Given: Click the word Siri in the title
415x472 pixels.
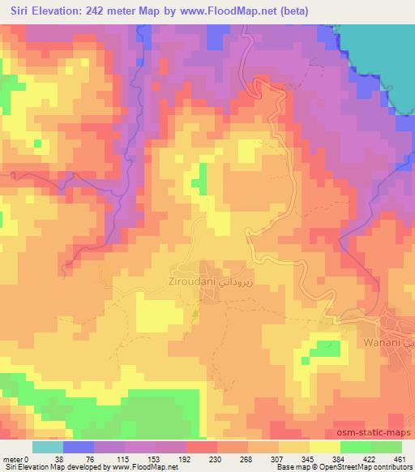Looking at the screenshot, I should coord(24,11).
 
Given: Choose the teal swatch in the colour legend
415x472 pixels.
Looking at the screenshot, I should coord(48,447).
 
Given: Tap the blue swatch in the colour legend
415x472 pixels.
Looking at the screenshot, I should coord(79,447).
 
